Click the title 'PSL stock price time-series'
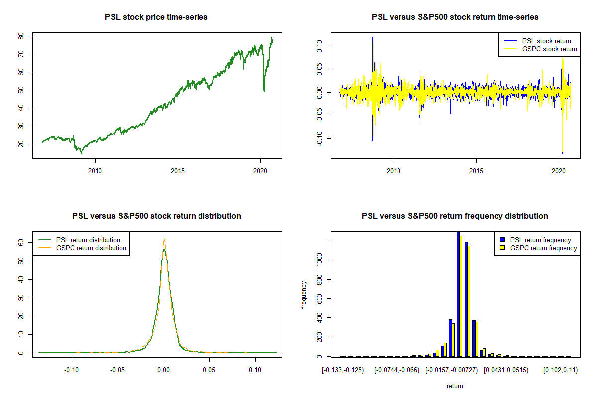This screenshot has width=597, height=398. point(156,17)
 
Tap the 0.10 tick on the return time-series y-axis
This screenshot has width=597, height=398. point(320,46)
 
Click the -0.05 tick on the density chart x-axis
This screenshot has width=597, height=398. point(118,370)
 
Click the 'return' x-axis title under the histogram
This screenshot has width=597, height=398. point(455,386)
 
